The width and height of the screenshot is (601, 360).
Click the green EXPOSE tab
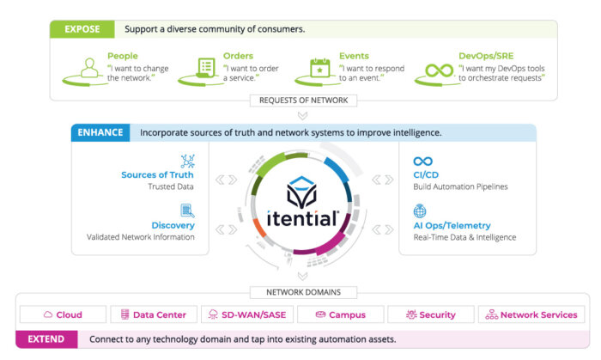click(82, 29)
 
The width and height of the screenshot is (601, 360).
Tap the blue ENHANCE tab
click(100, 132)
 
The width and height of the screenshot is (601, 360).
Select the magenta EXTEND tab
click(46, 339)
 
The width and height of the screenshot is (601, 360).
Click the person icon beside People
click(89, 68)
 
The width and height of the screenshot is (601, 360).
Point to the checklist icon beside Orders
click(206, 68)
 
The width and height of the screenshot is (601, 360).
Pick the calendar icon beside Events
click(320, 68)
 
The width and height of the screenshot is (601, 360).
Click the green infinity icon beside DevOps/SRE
click(439, 71)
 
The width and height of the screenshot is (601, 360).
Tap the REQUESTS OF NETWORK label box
click(303, 101)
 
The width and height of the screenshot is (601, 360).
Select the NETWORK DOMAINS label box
click(303, 292)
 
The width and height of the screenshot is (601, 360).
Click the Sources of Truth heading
click(157, 174)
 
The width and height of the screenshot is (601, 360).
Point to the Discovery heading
click(173, 225)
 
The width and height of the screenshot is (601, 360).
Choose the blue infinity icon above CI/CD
click(422, 162)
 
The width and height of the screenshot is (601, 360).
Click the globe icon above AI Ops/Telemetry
click(420, 211)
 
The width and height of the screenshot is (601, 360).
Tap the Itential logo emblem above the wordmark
click(301, 192)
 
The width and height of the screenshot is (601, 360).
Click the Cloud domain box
click(63, 314)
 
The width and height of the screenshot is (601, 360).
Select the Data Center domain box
click(154, 314)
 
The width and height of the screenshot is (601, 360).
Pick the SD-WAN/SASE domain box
click(247, 314)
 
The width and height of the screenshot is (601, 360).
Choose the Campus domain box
click(340, 314)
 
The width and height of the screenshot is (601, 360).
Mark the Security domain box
click(431, 314)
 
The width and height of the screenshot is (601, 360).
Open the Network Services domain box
click(531, 314)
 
